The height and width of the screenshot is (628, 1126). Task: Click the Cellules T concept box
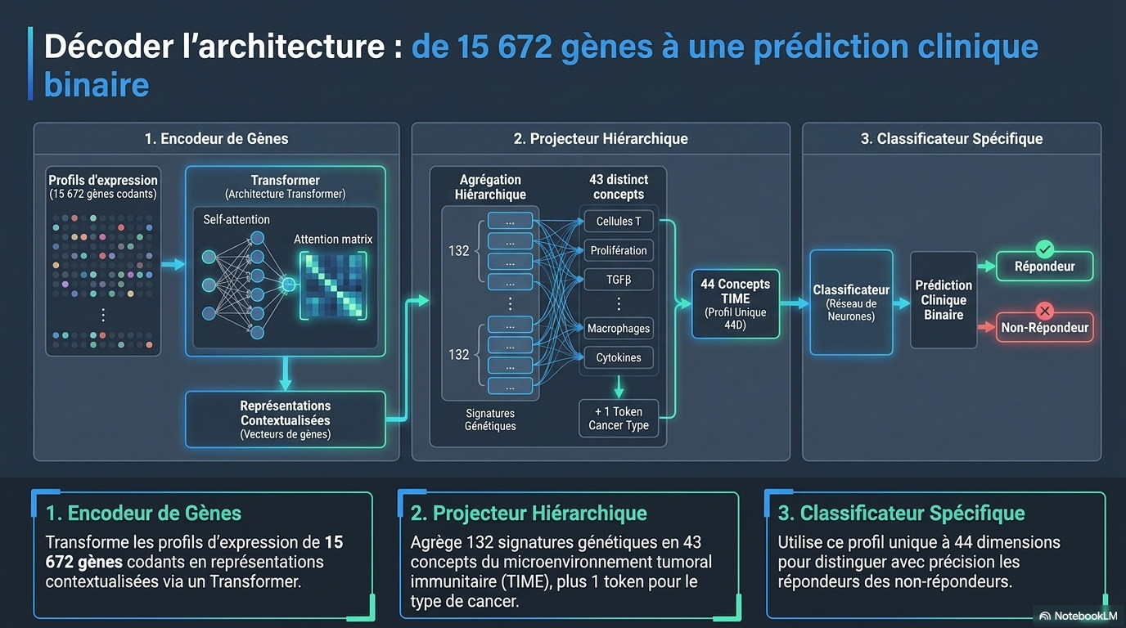coord(619,221)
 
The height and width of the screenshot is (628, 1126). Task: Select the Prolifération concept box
coord(619,250)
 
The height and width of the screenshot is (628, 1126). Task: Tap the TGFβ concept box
coord(619,280)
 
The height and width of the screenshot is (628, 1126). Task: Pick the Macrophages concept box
coord(619,329)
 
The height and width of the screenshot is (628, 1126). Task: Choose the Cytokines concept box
coord(619,357)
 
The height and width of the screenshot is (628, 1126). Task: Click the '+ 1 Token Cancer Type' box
coord(619,419)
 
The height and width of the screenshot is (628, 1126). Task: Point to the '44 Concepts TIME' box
coord(736,304)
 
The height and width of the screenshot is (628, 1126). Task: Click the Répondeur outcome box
coord(1044,267)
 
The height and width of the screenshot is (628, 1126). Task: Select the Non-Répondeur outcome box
coord(1044,328)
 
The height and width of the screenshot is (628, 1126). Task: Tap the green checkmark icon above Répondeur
coord(1044,249)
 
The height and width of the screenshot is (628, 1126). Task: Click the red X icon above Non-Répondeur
coord(1044,311)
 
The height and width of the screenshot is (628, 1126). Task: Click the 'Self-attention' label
coord(236,219)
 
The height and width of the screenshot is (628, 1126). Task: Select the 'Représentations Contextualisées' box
coord(286,419)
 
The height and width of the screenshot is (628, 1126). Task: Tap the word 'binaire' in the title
coord(97,84)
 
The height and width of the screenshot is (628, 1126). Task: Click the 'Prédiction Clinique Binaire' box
coord(944,300)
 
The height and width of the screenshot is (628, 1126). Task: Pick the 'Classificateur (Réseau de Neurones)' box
coord(851,303)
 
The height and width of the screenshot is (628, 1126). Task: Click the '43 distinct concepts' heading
coord(619,187)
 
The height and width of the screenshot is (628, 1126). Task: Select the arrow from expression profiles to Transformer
coord(173,264)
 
